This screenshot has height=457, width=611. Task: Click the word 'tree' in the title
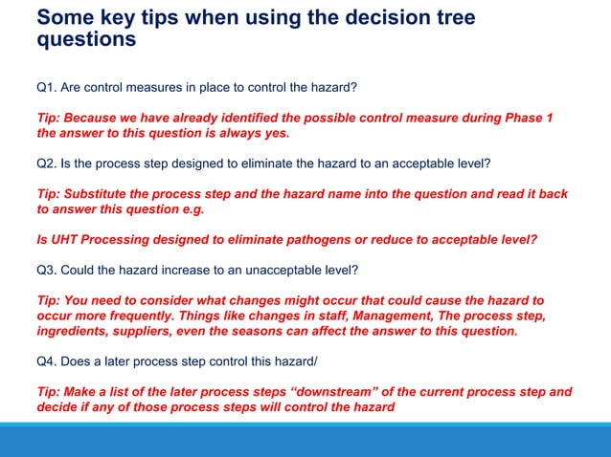point(446,18)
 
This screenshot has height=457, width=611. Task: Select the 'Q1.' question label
point(47,88)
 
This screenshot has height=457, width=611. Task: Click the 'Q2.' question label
point(47,163)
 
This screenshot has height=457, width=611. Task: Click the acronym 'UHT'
point(64,239)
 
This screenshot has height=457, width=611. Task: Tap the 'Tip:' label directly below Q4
point(49,392)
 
